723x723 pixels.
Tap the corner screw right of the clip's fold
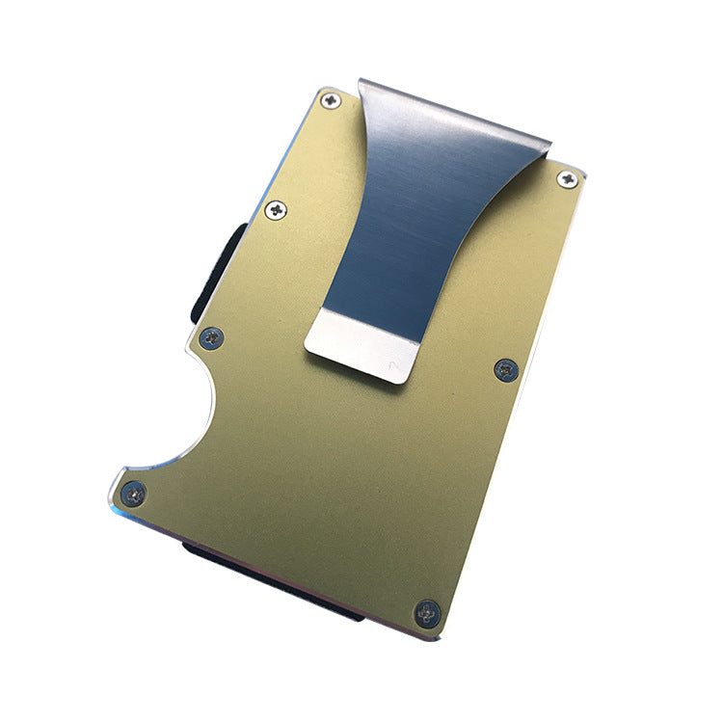[x=568, y=178]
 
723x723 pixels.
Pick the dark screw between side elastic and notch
[x=211, y=335]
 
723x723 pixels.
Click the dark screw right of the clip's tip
[x=506, y=368]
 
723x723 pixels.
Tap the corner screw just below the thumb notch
[x=134, y=495]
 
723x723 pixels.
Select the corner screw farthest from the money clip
[x=426, y=612]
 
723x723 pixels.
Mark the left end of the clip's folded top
[x=362, y=85]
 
